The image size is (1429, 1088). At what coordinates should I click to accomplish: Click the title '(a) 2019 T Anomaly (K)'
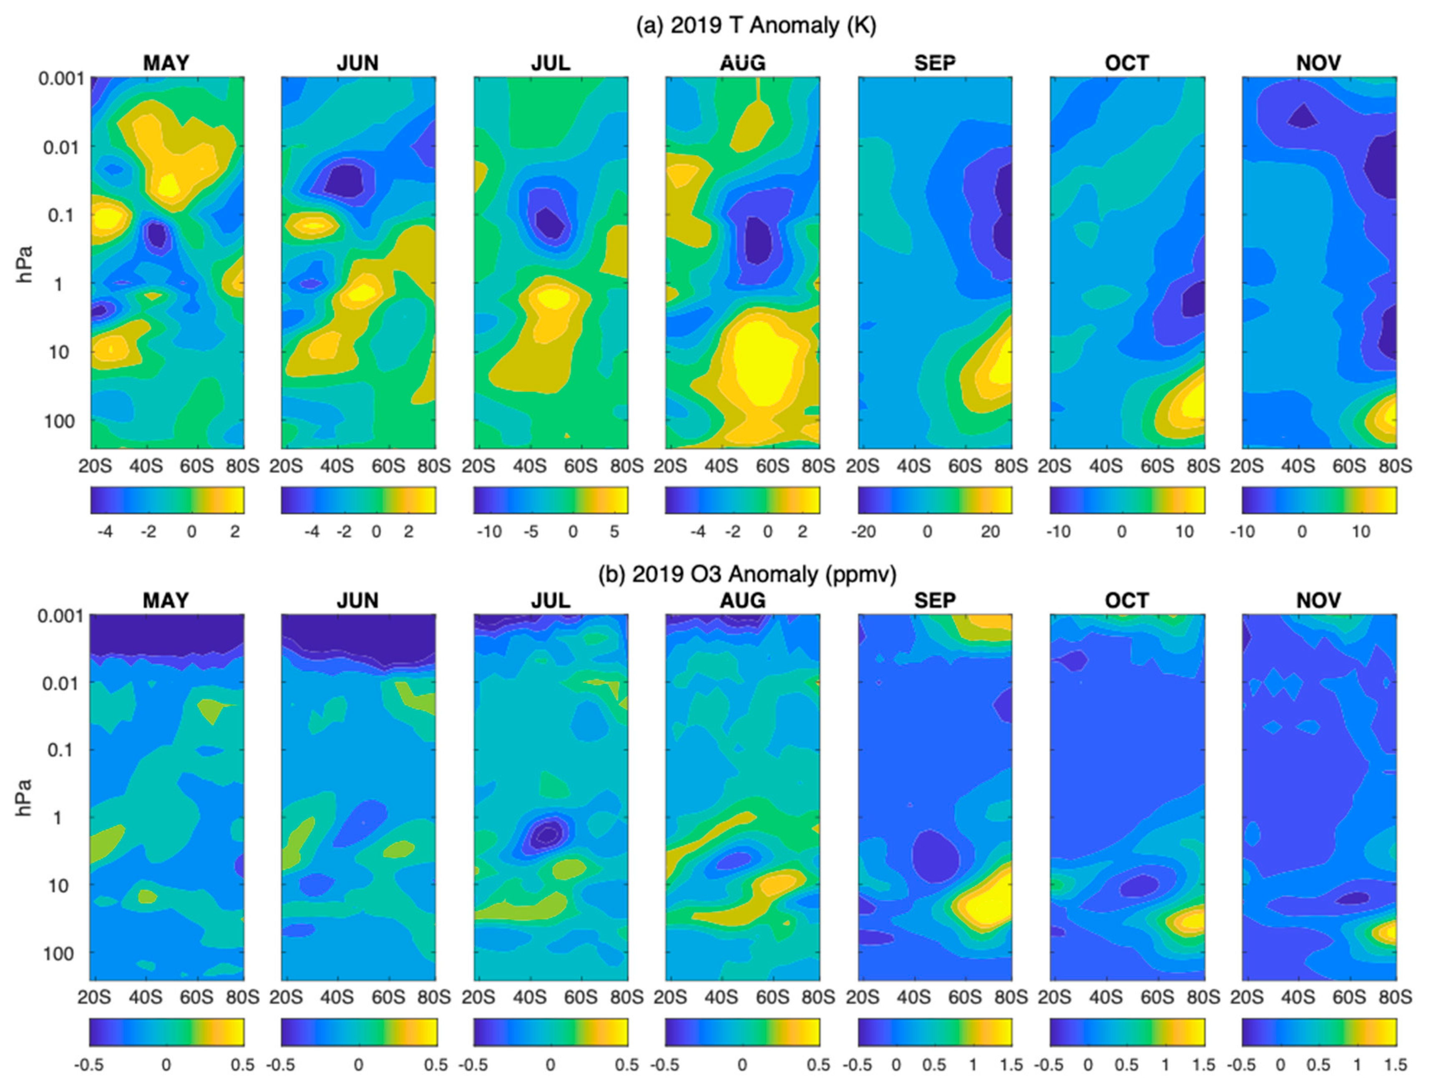pos(756,25)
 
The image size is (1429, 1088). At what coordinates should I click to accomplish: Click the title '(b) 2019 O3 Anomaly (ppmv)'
pos(747,574)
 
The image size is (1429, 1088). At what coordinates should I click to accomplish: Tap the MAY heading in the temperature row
pos(166,63)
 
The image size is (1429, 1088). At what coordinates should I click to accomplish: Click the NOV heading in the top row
pos(1318,63)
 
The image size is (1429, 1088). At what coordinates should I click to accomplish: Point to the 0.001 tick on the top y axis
pos(61,79)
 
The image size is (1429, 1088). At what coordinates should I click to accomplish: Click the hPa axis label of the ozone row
pos(25,798)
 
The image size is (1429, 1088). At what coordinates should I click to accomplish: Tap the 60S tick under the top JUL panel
pos(580,466)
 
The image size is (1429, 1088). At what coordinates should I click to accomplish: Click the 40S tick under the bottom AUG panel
pos(721,997)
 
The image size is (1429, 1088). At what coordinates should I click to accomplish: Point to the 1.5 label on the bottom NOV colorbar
pos(1394,1065)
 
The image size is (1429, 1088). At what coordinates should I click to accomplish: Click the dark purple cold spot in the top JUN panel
pos(345,181)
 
